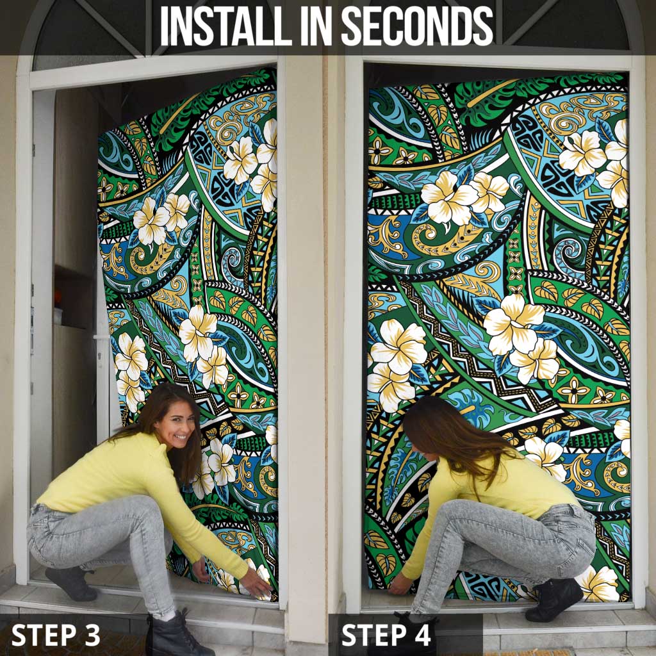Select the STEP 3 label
click(x=56, y=634)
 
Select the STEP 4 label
click(x=387, y=634)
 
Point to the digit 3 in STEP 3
click(x=92, y=634)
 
